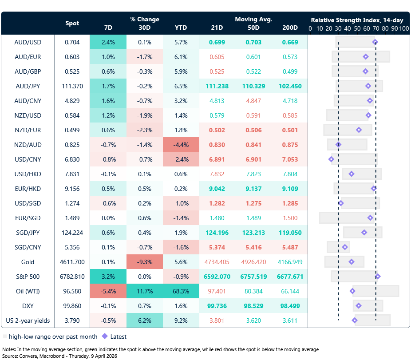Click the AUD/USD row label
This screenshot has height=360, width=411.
[28, 42]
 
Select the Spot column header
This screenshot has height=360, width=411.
[72, 24]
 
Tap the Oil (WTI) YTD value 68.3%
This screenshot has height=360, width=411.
[181, 291]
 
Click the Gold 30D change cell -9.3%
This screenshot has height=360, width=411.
[144, 262]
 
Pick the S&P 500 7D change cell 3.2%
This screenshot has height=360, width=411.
[108, 277]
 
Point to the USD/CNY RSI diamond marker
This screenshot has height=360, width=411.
[331, 159]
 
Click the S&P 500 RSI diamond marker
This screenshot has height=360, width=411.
[378, 277]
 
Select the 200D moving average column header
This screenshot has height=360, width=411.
[290, 28]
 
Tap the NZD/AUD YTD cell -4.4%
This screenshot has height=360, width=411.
[181, 145]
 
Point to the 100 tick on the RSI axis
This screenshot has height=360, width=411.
[403, 28]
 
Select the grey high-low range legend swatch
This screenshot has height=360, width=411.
[4, 336]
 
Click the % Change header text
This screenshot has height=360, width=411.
[144, 19]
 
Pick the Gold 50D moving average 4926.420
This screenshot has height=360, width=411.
[253, 262]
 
